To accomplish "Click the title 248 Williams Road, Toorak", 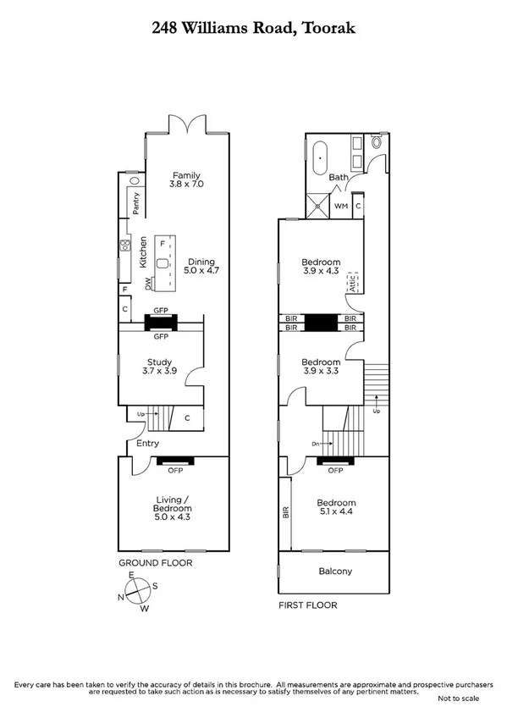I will coord(253,28).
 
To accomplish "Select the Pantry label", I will coord(135,202).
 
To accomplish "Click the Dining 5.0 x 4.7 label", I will coord(202,267).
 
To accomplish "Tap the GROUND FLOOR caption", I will coord(155,563).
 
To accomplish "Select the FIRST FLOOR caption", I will coord(308,605).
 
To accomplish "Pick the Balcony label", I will coord(335,572).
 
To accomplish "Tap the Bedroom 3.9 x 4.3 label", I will coord(321,267).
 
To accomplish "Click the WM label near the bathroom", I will coord(341,206).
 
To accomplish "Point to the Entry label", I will coord(147,444).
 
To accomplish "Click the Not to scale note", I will coord(458,699).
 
